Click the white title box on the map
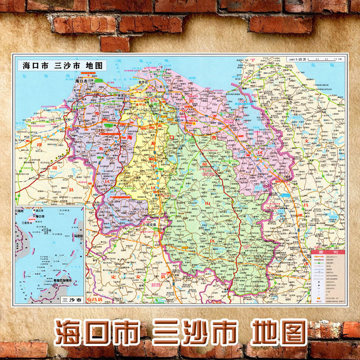[63, 65]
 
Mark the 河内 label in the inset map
[22, 210]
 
